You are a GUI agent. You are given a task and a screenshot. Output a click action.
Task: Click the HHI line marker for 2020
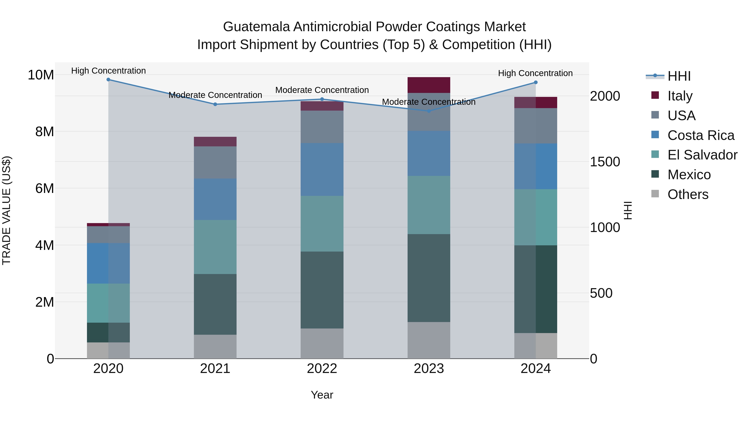point(108,80)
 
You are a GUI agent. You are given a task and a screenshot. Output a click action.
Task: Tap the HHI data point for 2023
point(429,111)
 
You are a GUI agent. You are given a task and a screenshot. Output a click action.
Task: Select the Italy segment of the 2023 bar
point(429,85)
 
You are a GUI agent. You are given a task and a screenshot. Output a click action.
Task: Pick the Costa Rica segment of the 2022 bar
point(322,169)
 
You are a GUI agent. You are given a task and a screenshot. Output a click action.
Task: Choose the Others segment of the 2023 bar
point(429,340)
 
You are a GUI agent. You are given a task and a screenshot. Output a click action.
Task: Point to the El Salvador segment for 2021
point(215,247)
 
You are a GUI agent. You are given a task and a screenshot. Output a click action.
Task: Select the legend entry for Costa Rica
point(701,135)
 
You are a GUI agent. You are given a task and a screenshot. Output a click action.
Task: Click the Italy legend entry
point(680,96)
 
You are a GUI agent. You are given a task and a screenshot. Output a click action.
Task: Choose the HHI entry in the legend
point(679,76)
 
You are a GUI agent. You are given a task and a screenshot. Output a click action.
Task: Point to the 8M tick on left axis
point(45,132)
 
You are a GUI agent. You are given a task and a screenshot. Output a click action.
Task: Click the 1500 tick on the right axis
point(605,162)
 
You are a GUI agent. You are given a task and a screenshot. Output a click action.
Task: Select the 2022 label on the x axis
point(322,369)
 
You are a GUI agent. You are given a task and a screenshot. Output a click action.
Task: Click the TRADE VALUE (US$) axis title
point(6,210)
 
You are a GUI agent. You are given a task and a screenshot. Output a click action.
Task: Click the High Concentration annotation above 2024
point(535,73)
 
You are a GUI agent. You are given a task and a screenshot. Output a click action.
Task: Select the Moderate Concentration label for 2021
point(215,95)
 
